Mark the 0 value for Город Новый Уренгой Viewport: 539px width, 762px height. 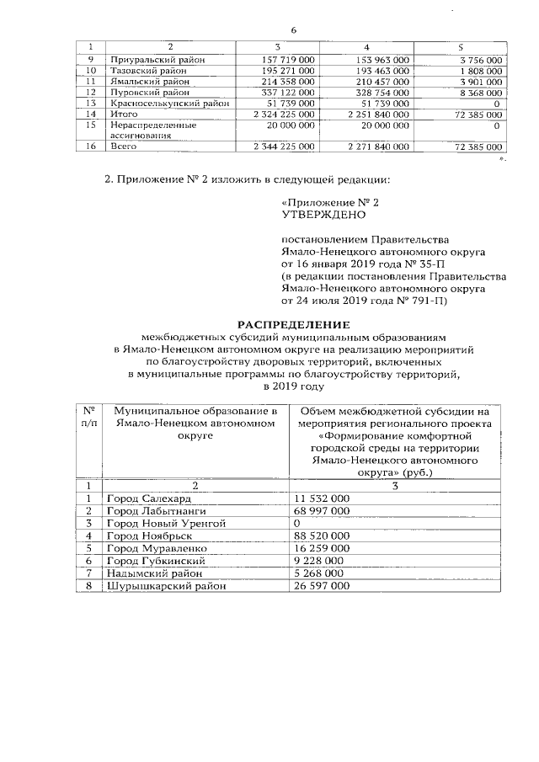tap(296, 523)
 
